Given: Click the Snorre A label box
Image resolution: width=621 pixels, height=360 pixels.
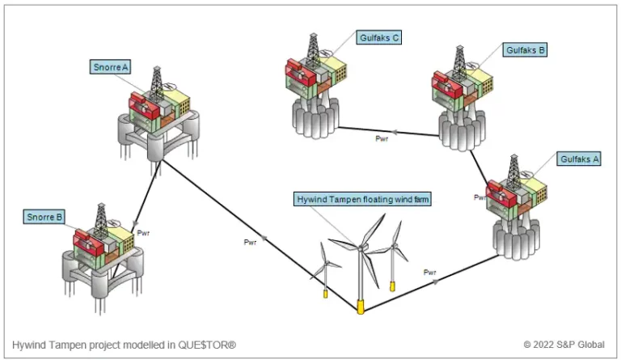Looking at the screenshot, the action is pos(110,67).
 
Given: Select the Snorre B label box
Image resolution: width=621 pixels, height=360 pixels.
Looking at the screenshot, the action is pos(44,217).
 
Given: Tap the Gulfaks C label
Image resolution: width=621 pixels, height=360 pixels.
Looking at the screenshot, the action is pos(378,38).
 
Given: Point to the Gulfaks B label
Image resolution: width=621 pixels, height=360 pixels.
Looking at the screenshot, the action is pos(525,50).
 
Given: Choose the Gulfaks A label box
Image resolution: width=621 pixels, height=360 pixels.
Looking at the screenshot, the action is pos(579,159).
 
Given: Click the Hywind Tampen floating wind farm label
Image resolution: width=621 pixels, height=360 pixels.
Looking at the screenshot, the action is pos(362,199).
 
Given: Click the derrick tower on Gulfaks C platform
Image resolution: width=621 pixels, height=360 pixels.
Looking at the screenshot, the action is pos(313,49).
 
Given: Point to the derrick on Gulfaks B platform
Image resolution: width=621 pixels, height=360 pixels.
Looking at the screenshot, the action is pos(459,61).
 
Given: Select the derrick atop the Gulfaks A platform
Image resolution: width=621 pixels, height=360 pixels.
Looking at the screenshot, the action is pos(513,171).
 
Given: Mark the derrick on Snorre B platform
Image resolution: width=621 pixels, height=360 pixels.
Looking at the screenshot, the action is pos(101,219).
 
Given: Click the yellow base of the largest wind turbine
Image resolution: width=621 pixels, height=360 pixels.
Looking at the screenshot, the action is pos(361,307).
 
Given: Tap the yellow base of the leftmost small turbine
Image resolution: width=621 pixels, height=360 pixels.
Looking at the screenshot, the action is pos(326,294).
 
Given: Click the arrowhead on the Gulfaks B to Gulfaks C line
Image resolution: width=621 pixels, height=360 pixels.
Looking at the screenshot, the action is pos(394,132).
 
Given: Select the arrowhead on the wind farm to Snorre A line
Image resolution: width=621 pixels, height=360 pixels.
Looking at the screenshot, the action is pos(264,238).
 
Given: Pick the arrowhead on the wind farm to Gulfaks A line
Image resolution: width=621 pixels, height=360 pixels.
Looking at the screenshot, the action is pos(436,282).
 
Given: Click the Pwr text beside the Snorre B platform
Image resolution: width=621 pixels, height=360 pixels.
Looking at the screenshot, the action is pos(143,233).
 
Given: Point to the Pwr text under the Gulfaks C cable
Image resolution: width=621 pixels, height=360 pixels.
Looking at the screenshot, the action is pos(382,138).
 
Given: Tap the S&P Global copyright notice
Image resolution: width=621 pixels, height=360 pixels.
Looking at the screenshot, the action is pos(564,345).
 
